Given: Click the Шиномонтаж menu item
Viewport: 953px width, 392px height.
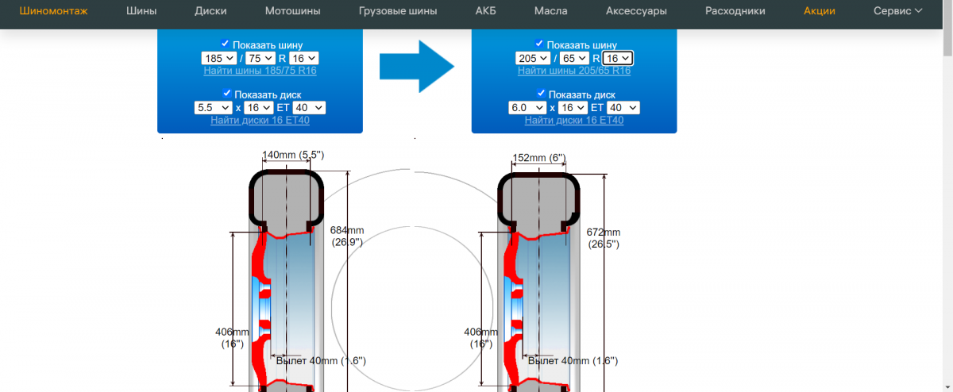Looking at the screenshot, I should [53, 11].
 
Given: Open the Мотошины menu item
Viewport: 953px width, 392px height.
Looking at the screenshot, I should [293, 11].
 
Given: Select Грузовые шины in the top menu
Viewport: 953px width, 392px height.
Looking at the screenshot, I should [398, 11].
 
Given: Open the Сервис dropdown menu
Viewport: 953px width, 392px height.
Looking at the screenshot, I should [897, 11].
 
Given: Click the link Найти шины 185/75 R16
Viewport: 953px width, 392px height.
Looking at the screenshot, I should [260, 71].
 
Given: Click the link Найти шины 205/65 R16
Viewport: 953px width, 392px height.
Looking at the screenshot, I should [574, 71].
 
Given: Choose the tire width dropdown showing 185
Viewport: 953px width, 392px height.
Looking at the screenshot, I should [218, 59].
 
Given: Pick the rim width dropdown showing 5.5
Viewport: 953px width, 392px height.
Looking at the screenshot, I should [213, 108].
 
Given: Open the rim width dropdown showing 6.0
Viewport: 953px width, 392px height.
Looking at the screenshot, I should [527, 108].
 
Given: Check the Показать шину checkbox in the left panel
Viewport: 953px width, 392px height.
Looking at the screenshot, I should [226, 44].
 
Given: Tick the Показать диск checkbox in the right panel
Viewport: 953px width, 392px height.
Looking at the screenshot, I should [540, 94].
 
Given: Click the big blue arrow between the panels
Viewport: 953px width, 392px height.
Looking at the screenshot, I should [416, 67].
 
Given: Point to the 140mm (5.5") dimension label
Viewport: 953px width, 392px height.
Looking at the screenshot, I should [293, 155].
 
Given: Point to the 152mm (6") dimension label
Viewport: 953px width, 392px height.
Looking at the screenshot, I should [540, 158].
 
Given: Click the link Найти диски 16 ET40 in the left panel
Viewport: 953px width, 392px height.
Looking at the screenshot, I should [260, 120].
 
